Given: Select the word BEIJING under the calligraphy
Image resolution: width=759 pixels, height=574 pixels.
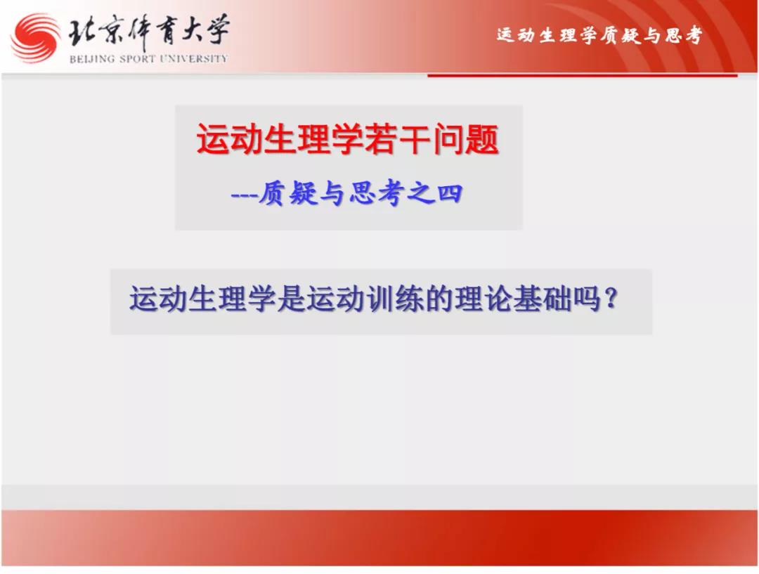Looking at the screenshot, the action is (x=92, y=59).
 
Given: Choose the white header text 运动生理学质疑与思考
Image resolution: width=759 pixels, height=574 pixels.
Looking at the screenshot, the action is (x=599, y=35).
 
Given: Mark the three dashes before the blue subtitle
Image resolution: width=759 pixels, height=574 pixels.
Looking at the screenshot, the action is (x=244, y=195).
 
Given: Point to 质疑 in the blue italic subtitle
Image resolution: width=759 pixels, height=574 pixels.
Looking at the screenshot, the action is (x=287, y=194).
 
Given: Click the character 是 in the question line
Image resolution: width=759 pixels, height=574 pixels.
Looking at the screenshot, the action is (x=292, y=299).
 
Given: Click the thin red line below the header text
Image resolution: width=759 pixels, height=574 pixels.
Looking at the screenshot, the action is (x=583, y=75).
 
